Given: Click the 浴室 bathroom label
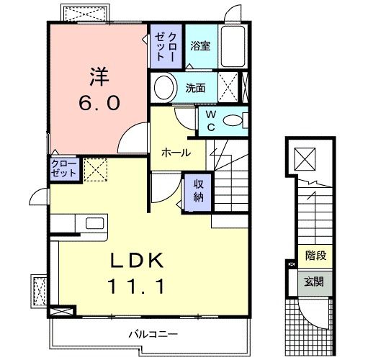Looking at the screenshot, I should [x=199, y=46].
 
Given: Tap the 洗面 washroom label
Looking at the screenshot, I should [x=195, y=89].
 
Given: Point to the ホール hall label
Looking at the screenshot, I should [x=176, y=153].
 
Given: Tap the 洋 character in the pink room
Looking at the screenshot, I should [x=99, y=75].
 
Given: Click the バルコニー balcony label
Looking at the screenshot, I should [x=153, y=334].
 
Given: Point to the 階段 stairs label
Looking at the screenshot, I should [x=315, y=255].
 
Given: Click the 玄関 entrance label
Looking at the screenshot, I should [x=315, y=281].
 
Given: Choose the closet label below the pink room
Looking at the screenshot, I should [x=63, y=168].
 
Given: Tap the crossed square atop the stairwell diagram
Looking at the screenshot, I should [x=305, y=157].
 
